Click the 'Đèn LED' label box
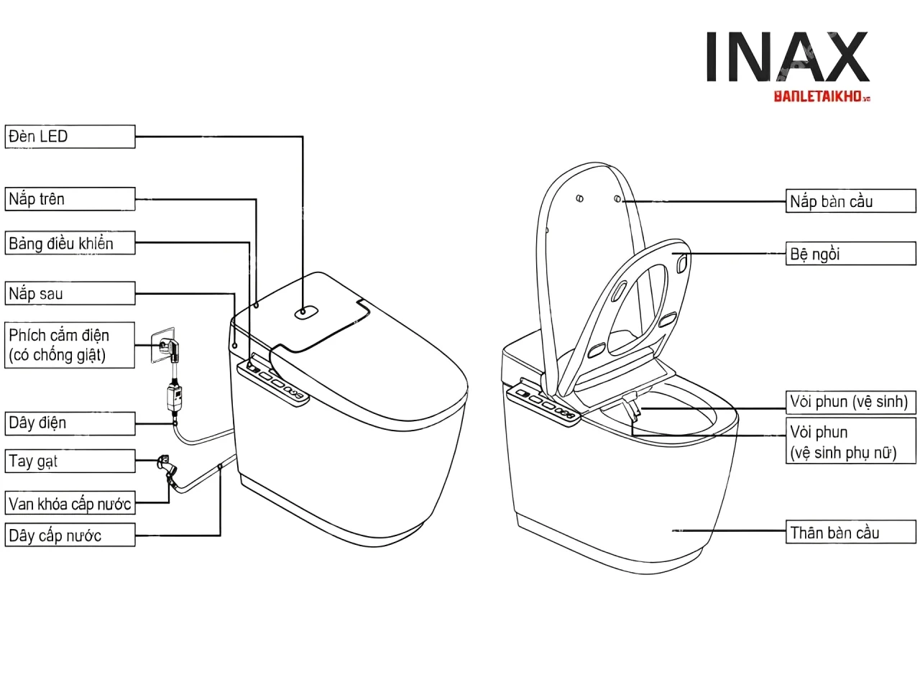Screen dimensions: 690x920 (70, 137)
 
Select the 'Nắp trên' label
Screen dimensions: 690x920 (70, 199)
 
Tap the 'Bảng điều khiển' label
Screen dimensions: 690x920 (70, 244)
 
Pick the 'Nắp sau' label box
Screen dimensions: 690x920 (70, 293)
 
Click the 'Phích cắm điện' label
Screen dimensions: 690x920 (70, 345)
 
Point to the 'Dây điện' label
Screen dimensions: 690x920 (70, 423)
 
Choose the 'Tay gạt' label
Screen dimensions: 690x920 (70, 461)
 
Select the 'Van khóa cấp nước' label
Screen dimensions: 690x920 (70, 504)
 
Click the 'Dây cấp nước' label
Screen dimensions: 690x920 (70, 535)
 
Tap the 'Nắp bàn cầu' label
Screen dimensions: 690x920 (851, 201)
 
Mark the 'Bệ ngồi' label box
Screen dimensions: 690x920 (851, 254)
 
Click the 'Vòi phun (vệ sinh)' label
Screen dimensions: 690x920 (851, 402)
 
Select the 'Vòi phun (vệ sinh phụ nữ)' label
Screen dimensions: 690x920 (851, 442)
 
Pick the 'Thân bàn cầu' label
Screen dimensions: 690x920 (851, 533)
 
